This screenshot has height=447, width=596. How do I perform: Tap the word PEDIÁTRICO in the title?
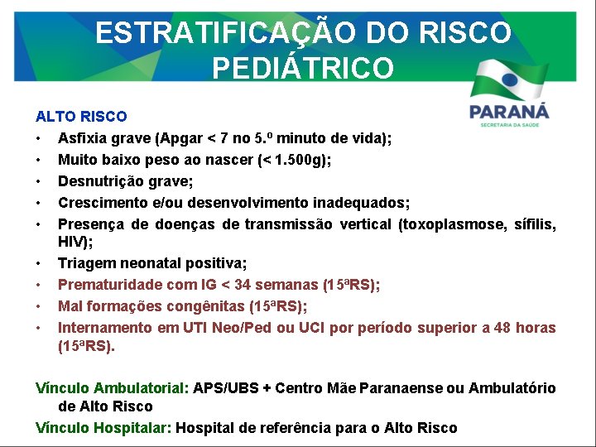pos(303,68)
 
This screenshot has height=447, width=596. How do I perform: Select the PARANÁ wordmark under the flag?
pos(508,111)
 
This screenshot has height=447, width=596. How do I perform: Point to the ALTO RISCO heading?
pos(81,117)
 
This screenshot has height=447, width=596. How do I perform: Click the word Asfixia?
pos(81,138)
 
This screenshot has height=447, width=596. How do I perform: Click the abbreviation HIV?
pos(70,242)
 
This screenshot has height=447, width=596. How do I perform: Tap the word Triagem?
pos(84,263)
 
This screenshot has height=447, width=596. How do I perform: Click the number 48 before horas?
pos(502,328)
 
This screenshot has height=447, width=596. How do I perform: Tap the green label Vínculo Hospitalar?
pos(103,428)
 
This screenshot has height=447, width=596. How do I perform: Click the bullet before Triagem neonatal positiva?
pos(39,263)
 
